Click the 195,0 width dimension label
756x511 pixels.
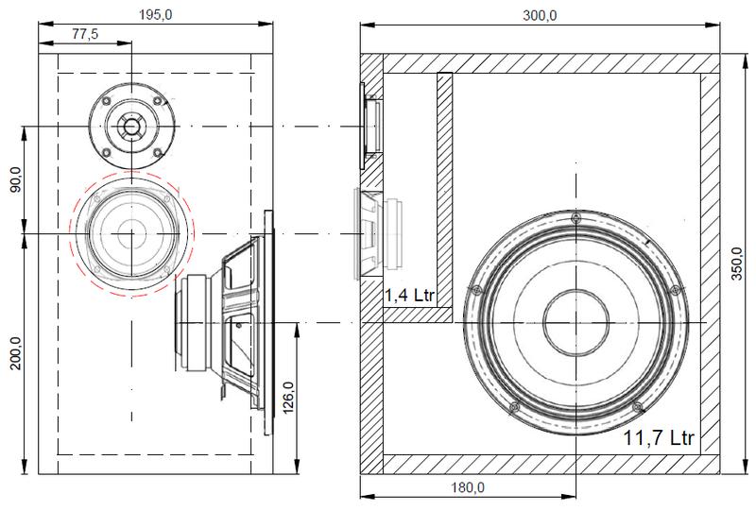pyautogui.click(x=155, y=15)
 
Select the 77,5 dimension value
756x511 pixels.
pyautogui.click(x=85, y=34)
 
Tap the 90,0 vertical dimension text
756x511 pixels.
pyautogui.click(x=15, y=179)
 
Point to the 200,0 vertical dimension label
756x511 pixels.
pyautogui.click(x=15, y=353)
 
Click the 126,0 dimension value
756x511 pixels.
pyautogui.click(x=288, y=398)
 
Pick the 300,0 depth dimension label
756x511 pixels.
pyautogui.click(x=540, y=15)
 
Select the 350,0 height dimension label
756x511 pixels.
pyautogui.click(x=737, y=264)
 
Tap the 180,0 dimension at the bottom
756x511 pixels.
pyautogui.click(x=468, y=487)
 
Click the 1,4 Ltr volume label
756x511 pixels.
pyautogui.click(x=410, y=295)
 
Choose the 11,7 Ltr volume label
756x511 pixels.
pyautogui.click(x=659, y=437)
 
